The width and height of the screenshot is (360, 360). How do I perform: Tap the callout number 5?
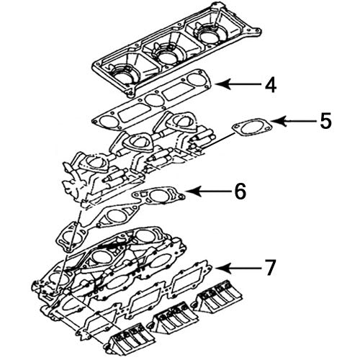pyautogui.click(x=326, y=120)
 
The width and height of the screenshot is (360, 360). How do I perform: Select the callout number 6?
pyautogui.click(x=239, y=191)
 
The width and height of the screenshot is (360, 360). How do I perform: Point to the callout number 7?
pyautogui.click(x=269, y=268)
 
